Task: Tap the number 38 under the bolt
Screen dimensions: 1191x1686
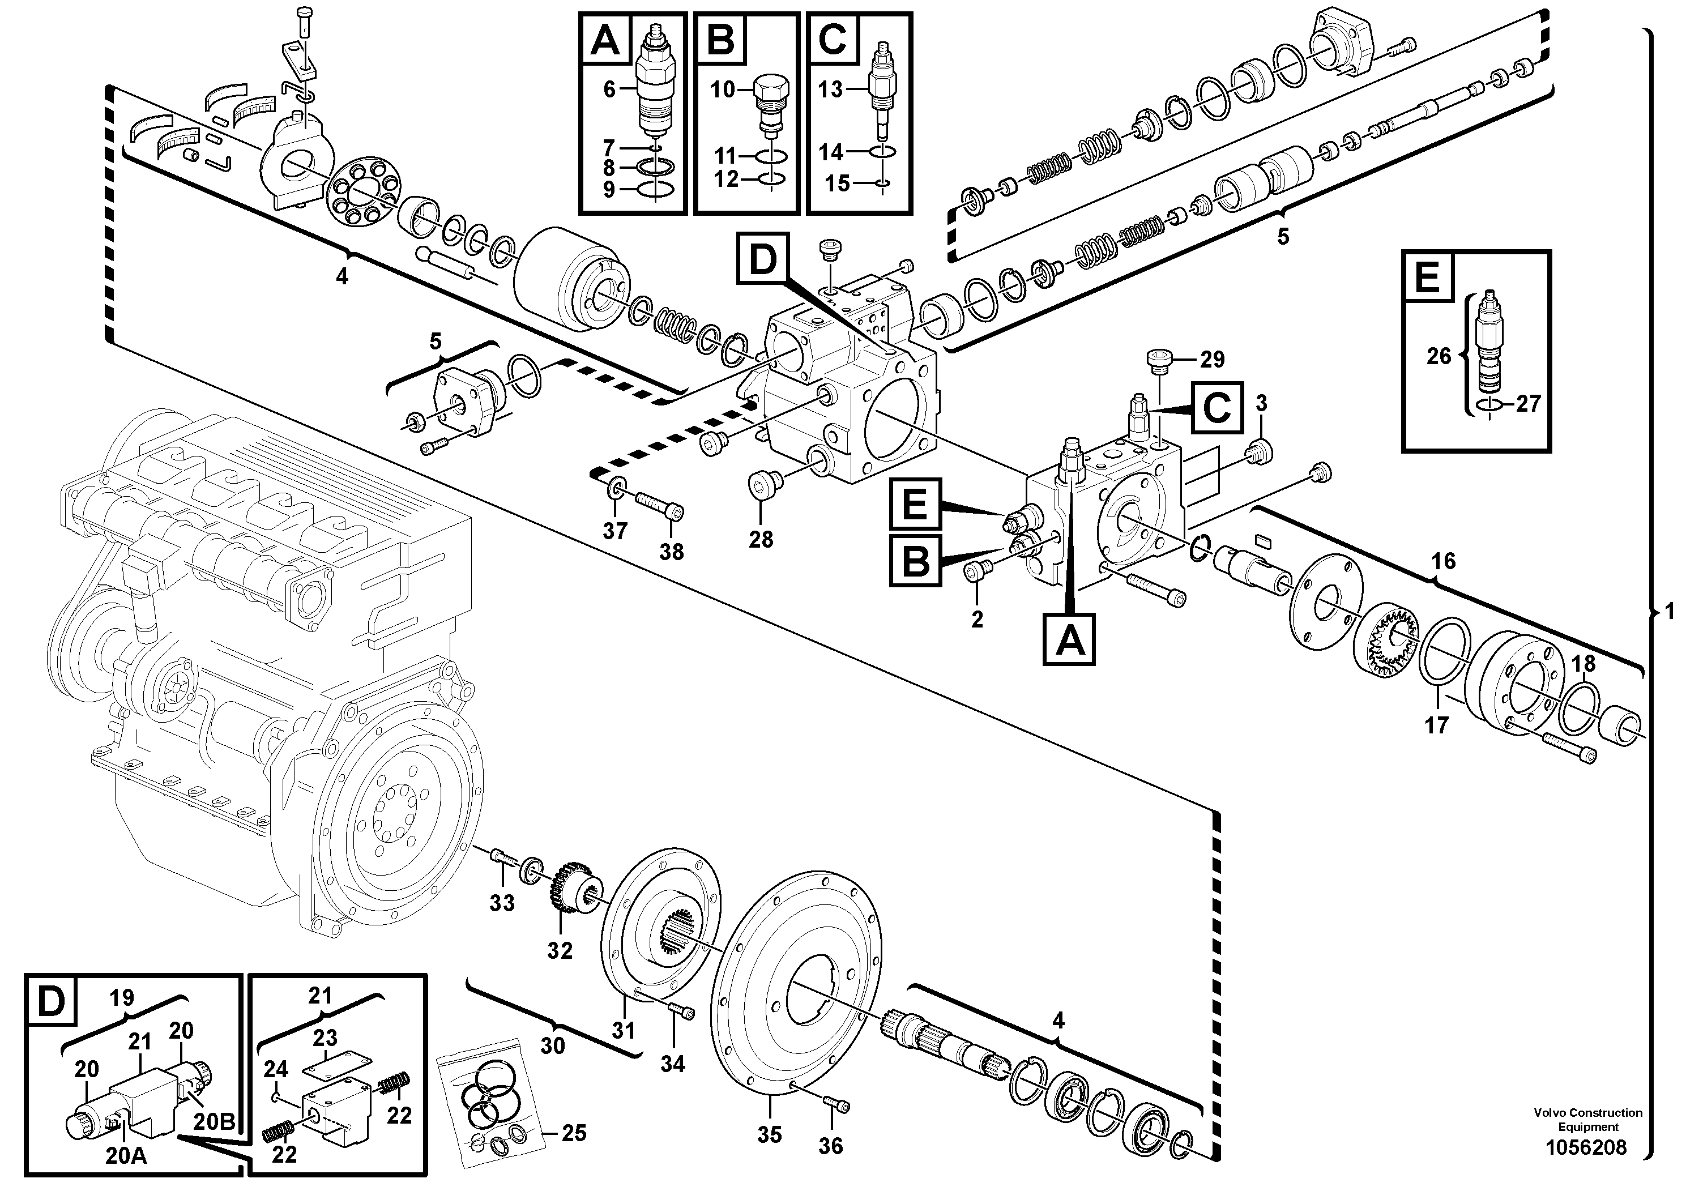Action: tap(671, 552)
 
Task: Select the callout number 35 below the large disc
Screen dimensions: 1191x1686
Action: tap(770, 1134)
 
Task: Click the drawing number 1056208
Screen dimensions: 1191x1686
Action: tap(1586, 1148)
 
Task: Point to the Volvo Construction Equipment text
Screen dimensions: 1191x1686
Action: tap(1587, 1120)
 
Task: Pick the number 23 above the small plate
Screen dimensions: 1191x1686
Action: tap(325, 1038)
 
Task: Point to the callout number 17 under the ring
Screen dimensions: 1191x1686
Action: tap(1436, 725)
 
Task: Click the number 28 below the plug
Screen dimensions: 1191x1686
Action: tap(761, 540)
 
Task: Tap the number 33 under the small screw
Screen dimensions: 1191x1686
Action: tap(502, 903)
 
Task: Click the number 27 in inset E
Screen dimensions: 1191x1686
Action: tap(1527, 404)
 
